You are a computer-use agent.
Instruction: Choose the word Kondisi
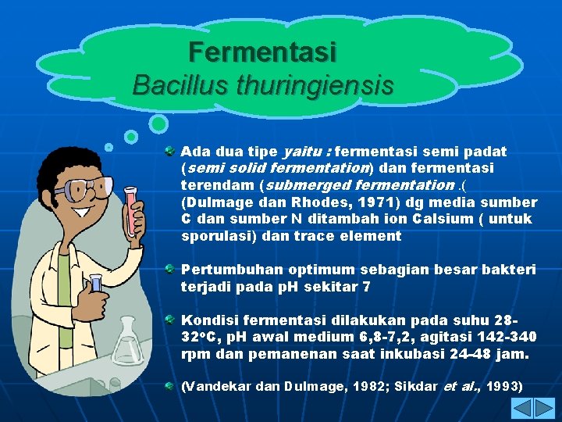tap(210, 320)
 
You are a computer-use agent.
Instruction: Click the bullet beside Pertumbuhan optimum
tap(169, 270)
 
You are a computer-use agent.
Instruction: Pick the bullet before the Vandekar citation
tap(169, 387)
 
